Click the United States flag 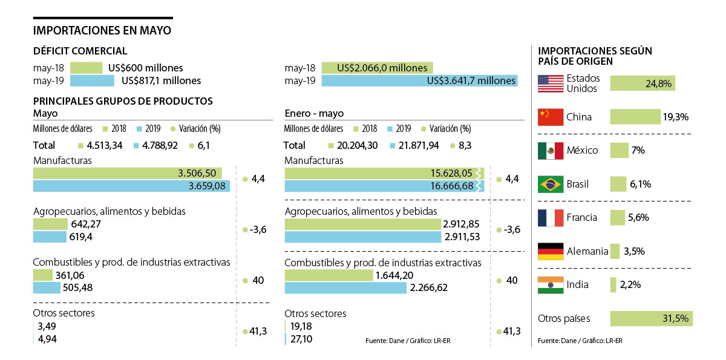coord(551,83)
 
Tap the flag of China coord(551,117)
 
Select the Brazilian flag coord(551,184)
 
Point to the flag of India coord(551,284)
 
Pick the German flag coord(551,251)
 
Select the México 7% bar coord(620,150)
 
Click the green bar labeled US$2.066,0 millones coord(377,68)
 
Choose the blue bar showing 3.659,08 coord(132,186)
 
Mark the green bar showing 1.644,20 coord(329,275)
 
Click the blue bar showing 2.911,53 coord(363,237)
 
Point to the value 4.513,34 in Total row coord(105,146)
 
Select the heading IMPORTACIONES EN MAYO coord(102,30)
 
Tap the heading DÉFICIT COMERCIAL coord(80,51)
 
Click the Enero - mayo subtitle coord(314,113)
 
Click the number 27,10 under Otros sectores coord(301,339)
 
